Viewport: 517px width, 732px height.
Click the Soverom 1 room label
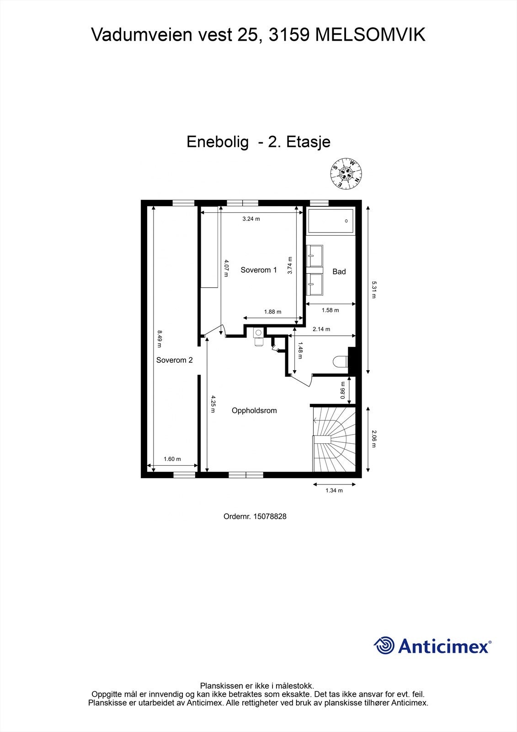[x=259, y=270]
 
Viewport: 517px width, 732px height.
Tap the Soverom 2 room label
[x=174, y=360]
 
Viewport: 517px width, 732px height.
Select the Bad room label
[x=339, y=271]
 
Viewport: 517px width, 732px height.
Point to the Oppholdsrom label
[x=254, y=410]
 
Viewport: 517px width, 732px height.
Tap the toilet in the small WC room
[x=341, y=361]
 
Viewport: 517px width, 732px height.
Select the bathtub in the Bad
[x=331, y=221]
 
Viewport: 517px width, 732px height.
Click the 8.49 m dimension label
[x=160, y=339]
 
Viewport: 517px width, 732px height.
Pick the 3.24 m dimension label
[x=251, y=219]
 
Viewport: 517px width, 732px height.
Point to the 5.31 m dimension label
[x=373, y=290]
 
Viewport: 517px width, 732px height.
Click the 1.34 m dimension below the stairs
[x=334, y=490]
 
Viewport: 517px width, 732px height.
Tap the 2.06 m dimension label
[x=373, y=439]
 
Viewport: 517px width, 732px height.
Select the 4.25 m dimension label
[x=213, y=404]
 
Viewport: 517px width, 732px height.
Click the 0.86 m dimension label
[x=343, y=390]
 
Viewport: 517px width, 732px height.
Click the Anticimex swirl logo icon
[x=384, y=646]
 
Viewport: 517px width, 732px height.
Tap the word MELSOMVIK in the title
[x=370, y=35]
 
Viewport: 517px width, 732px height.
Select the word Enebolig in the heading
[x=218, y=142]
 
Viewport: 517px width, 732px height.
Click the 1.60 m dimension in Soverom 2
[x=172, y=459]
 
